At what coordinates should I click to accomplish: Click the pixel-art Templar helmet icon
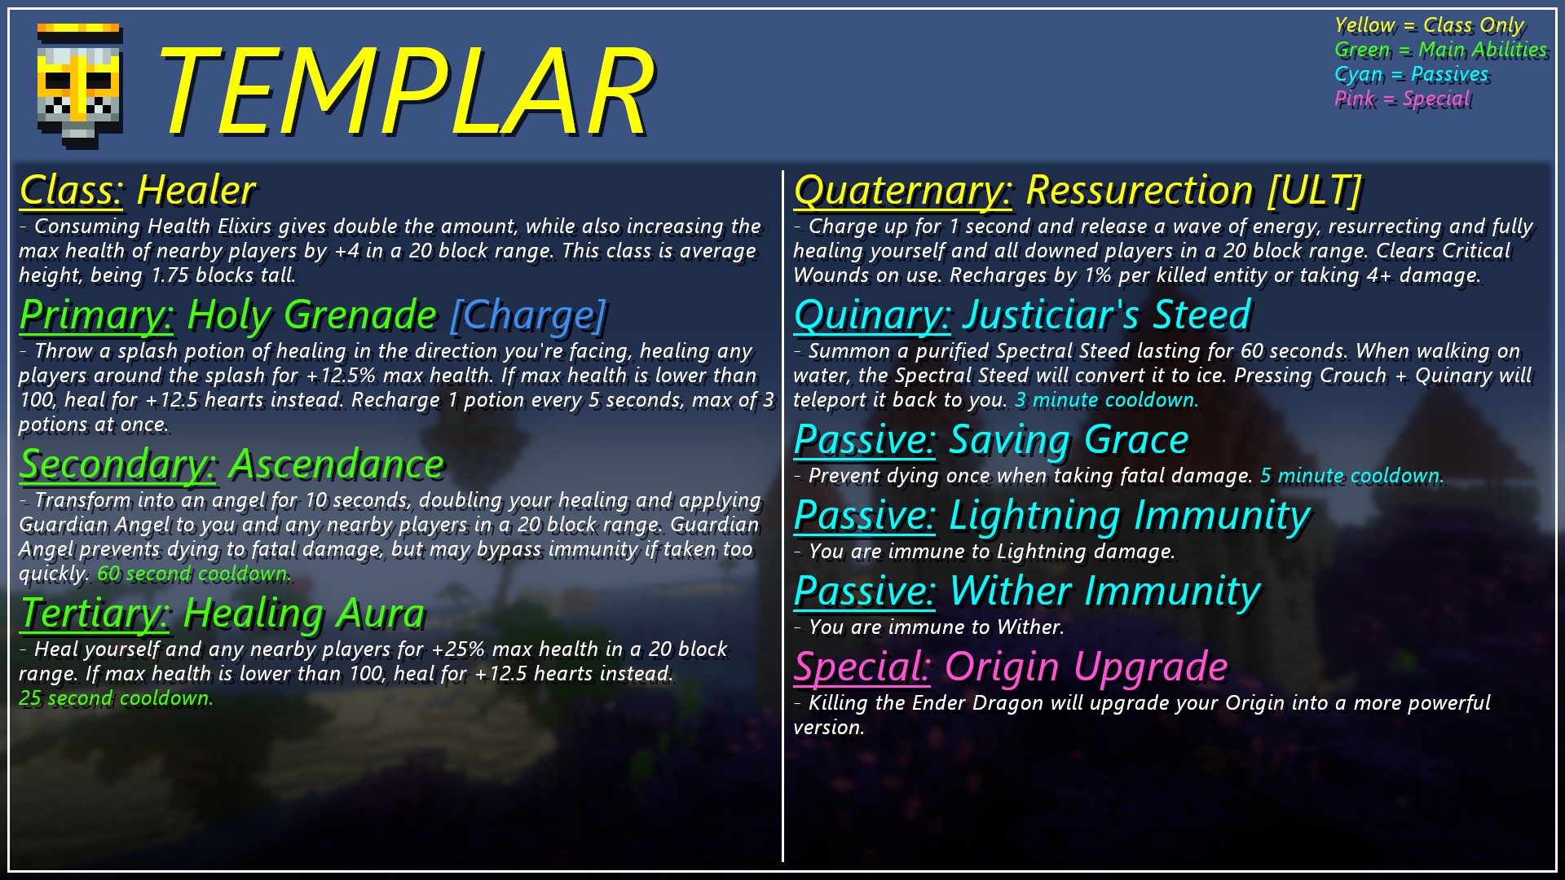pyautogui.click(x=79, y=86)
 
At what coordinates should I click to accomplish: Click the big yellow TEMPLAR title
pyautogui.click(x=405, y=91)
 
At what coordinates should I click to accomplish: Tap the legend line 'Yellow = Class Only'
pyautogui.click(x=1429, y=25)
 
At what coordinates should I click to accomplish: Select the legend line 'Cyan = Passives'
pyautogui.click(x=1411, y=74)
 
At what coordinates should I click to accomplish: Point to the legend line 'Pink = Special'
pyautogui.click(x=1402, y=99)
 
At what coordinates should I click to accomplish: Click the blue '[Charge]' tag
pyautogui.click(x=528, y=316)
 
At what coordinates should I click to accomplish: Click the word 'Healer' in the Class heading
pyautogui.click(x=196, y=190)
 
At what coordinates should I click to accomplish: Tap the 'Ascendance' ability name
pyautogui.click(x=337, y=464)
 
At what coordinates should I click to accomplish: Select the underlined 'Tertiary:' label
pyautogui.click(x=95, y=614)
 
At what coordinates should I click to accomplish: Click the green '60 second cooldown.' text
pyautogui.click(x=193, y=574)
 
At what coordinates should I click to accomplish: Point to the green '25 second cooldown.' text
pyautogui.click(x=116, y=698)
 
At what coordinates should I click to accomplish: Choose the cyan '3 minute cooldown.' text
pyautogui.click(x=1106, y=400)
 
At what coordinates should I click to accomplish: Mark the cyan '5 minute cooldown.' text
pyautogui.click(x=1351, y=476)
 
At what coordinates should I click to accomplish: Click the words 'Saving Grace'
pyautogui.click(x=1069, y=440)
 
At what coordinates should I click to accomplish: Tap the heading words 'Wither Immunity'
pyautogui.click(x=1105, y=592)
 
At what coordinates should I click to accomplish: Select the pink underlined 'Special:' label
pyautogui.click(x=862, y=667)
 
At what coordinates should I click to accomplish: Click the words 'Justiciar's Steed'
pyautogui.click(x=1107, y=315)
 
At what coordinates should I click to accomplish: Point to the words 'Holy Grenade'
pyautogui.click(x=312, y=316)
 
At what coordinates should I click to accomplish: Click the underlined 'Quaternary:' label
pyautogui.click(x=902, y=191)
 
